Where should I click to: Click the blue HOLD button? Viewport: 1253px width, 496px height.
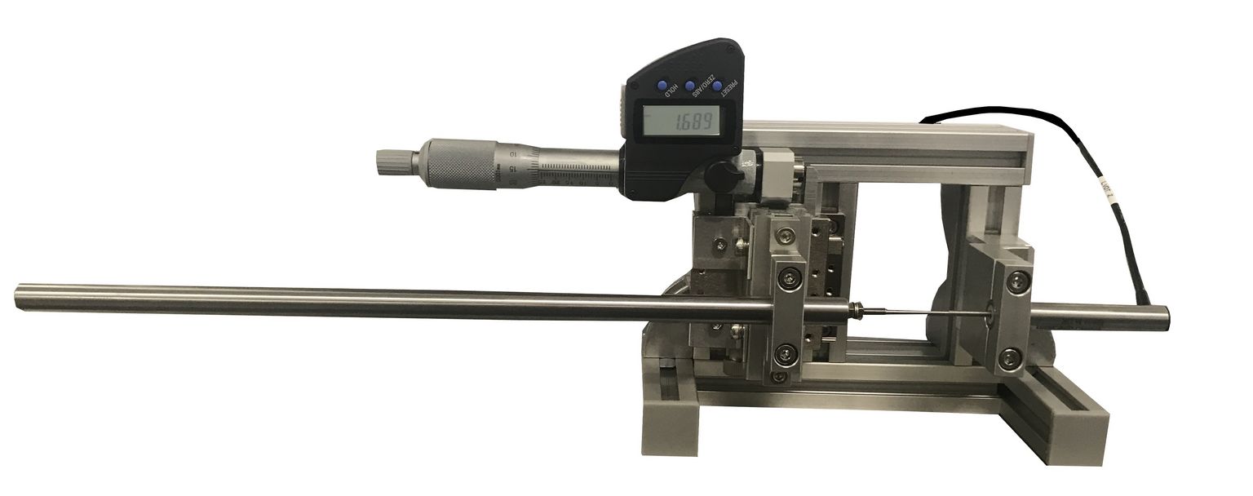[x=662, y=84]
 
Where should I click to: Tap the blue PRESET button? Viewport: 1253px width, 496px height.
[x=717, y=85]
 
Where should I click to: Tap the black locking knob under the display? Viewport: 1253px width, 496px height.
[x=719, y=171]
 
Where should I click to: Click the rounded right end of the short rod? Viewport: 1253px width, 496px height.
[x=1167, y=313]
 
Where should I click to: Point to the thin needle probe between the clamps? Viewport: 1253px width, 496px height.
[x=922, y=310]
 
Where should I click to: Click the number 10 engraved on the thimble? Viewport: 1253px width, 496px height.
[x=511, y=153]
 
